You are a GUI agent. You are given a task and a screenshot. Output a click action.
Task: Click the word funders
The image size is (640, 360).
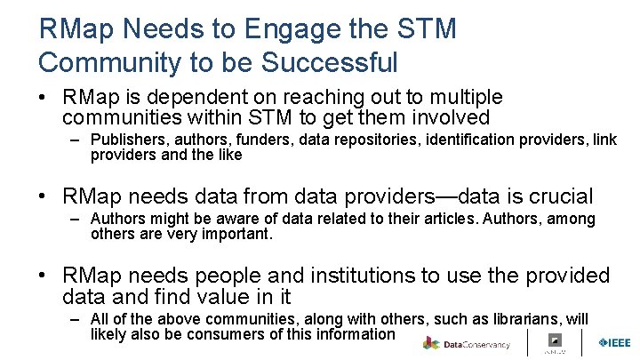tap(265, 140)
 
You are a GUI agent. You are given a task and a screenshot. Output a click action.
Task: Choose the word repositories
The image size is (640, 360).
tap(375, 140)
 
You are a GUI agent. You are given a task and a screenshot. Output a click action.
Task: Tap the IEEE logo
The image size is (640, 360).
tap(614, 343)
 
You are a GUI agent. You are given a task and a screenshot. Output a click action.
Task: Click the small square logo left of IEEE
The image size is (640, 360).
tap(555, 341)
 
